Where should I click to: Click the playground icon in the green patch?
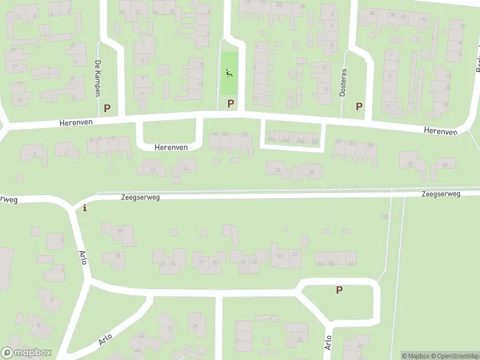point(229,74)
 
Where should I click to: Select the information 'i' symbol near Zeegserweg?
point(85,208)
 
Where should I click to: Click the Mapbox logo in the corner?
point(26,353)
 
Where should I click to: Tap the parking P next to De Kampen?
point(107,109)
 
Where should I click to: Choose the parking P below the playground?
point(230,104)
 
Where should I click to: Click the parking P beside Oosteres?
point(359,106)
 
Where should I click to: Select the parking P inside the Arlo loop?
point(339,290)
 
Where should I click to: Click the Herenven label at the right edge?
point(440,130)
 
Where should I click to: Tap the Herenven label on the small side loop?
point(171,147)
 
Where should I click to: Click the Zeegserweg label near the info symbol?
point(140,196)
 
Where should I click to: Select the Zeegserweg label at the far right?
point(440,194)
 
